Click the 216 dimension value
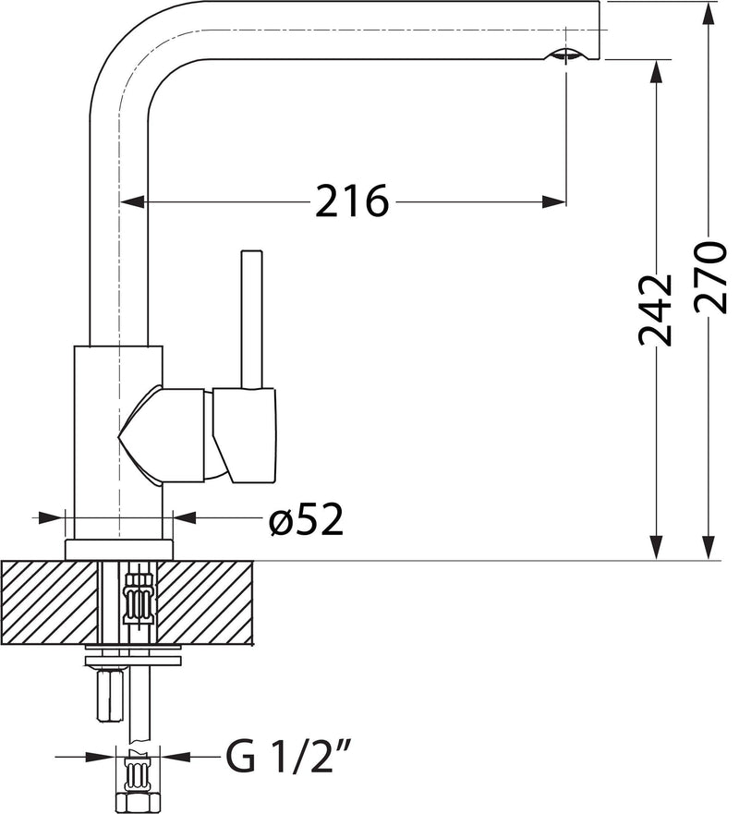pos(352,200)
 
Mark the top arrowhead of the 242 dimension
pos(657,72)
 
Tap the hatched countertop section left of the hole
pos(51,602)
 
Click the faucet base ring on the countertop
pos(119,549)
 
